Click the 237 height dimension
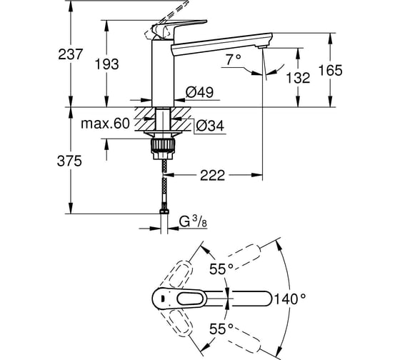pyautogui.click(x=71, y=54)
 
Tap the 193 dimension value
pyautogui.click(x=107, y=64)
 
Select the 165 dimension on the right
pyautogui.click(x=331, y=70)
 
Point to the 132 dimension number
pyautogui.click(x=298, y=78)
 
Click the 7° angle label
pyautogui.click(x=234, y=60)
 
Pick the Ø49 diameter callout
pyautogui.click(x=200, y=92)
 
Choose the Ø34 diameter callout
pyautogui.click(x=211, y=126)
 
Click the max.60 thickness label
pyautogui.click(x=106, y=124)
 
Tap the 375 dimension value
pyautogui.click(x=69, y=161)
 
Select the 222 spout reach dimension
pyautogui.click(x=213, y=175)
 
